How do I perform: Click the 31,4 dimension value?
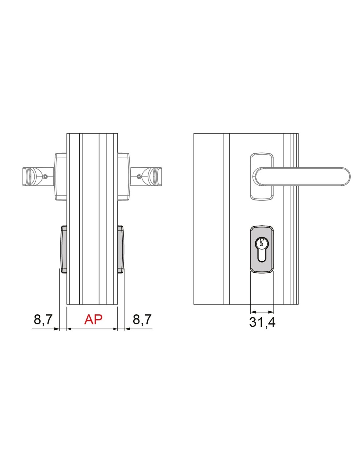coord(262,328)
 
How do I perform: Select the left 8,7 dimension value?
coord(43,320)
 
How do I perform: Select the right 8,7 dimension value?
coord(142,320)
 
